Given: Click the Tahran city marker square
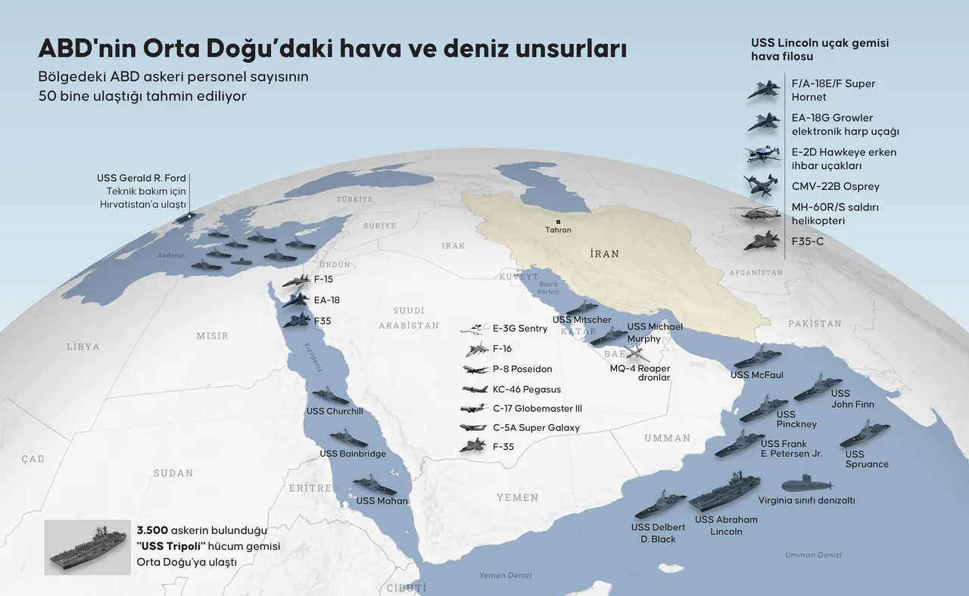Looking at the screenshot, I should tap(558, 221).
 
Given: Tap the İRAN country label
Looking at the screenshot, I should tap(604, 254).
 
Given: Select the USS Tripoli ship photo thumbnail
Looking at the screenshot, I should tap(85, 547).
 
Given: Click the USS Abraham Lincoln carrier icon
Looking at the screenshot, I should tap(724, 494).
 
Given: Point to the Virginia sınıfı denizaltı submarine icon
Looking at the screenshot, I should tap(805, 483).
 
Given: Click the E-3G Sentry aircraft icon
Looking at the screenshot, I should tap(474, 329).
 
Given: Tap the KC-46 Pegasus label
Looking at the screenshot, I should tap(527, 389).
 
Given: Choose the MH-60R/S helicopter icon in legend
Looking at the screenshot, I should tap(757, 214).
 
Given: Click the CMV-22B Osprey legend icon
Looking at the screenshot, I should tap(759, 184).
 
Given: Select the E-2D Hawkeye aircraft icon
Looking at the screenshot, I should tap(762, 154).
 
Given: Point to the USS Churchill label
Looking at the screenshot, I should tap(334, 411).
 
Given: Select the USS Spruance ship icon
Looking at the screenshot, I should tap(865, 434).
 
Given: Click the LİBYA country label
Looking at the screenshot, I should tap(83, 346).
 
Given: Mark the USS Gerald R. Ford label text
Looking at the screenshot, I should tap(142, 178).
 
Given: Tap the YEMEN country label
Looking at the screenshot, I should tap(517, 498).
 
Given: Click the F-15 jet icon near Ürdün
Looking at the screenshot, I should tap(295, 280).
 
